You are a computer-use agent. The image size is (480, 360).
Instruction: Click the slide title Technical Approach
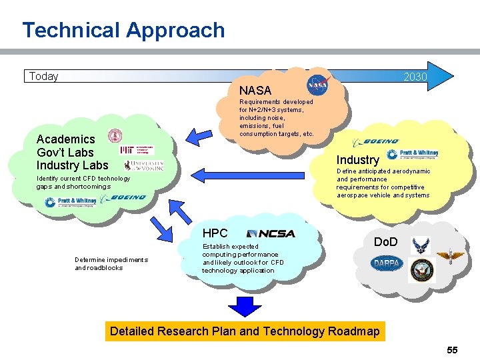(123, 30)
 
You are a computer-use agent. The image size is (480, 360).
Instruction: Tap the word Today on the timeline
(43, 76)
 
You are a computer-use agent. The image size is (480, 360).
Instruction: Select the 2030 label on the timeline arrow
(415, 77)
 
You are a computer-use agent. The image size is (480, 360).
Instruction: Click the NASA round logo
(317, 85)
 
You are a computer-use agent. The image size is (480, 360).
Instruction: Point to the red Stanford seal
(115, 136)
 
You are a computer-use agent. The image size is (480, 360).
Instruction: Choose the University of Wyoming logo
(143, 165)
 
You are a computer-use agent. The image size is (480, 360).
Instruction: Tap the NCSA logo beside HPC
(271, 233)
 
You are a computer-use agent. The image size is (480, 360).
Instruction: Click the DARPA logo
(387, 264)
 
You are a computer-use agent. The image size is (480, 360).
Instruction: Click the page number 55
(452, 349)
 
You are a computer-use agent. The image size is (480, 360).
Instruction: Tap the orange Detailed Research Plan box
(245, 331)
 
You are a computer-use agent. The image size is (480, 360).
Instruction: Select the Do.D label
(385, 241)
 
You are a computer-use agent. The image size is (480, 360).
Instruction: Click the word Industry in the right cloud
(358, 159)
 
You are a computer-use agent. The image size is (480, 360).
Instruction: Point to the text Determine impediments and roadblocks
(111, 263)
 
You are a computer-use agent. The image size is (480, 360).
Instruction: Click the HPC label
(215, 233)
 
